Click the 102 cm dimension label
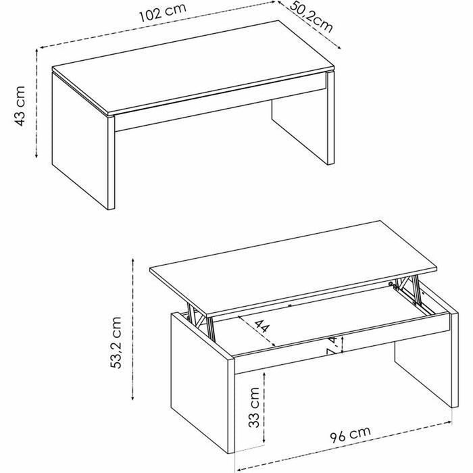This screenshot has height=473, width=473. coord(163,13)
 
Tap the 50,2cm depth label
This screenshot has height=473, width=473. coord(312,17)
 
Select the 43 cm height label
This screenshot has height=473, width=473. coord(20,106)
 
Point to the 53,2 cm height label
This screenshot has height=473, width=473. coord(116,343)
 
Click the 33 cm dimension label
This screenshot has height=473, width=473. coord(253,407)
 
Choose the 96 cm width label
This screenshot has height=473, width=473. coord(350,434)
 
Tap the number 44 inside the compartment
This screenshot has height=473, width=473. coord(262,326)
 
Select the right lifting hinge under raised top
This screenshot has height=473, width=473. coord(408,290)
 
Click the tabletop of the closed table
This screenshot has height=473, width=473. coord(193,68)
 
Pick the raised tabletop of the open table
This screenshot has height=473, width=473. coord(293,268)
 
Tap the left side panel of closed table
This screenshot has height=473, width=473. coord(80,141)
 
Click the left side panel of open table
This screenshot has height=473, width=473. coord(199,382)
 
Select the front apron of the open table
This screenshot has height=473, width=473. coord(342,343)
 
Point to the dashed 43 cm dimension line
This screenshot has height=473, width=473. coord(36,103)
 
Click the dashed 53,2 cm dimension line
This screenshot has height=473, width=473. coord(132,330)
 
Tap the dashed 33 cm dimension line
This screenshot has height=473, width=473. coord(264,408)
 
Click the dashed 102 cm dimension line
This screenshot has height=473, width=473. coord(157,24)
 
